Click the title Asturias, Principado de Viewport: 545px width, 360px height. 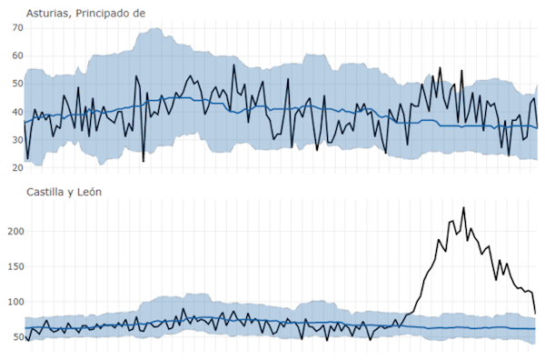tap(85, 13)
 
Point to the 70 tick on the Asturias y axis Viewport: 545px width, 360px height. tap(15, 28)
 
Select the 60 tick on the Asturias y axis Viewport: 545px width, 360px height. tap(15, 56)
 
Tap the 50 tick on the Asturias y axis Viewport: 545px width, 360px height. tap(15, 84)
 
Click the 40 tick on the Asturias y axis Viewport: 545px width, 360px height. tap(15, 113)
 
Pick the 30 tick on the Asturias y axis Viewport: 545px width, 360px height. tap(15, 140)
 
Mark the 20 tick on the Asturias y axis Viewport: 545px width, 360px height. tap(15, 168)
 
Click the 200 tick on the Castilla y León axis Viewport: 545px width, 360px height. tap(12, 231)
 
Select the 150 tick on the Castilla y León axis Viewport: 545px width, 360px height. tap(12, 266)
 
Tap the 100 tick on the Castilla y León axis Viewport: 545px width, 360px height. tap(12, 302)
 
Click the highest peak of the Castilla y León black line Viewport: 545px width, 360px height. tap(463, 208)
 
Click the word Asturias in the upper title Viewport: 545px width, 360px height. tap(48, 13)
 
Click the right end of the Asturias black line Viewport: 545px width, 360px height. tap(538, 127)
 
